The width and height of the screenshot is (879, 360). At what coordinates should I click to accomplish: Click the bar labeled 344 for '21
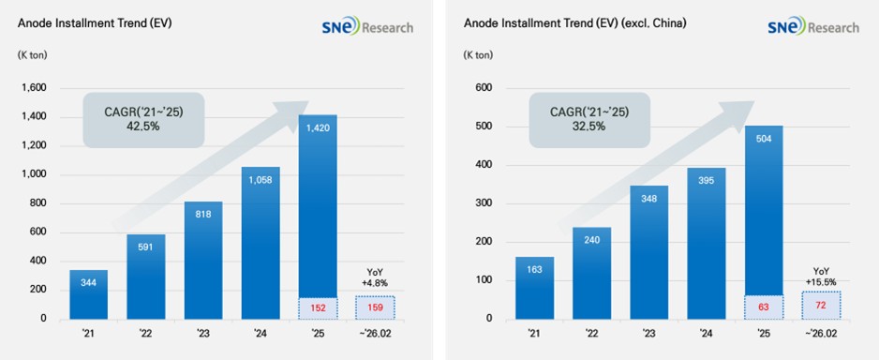[89, 294]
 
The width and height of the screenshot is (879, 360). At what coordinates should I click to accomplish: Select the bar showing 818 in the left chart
[203, 261]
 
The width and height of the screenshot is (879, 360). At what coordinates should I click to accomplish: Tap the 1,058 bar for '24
[261, 243]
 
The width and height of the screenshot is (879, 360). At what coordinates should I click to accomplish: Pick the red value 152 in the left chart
[318, 307]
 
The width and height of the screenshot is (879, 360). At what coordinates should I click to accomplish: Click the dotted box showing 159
[375, 307]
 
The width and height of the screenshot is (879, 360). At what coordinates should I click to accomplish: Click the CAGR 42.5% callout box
[143, 120]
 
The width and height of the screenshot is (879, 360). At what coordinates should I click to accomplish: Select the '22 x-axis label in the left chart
[146, 333]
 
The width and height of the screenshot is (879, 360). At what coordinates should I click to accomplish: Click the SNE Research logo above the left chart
[367, 26]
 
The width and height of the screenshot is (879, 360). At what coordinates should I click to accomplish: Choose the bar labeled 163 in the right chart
[535, 288]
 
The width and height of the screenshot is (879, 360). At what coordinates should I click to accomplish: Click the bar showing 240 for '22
[592, 273]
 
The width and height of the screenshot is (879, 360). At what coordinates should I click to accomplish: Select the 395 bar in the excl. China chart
[707, 244]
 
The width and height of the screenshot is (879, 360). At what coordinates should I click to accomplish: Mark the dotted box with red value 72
[821, 305]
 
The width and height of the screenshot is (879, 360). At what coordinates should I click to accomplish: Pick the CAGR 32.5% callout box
[589, 120]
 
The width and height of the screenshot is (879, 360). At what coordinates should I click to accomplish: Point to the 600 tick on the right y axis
[484, 88]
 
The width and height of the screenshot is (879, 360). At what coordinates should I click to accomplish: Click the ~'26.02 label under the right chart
[821, 333]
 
